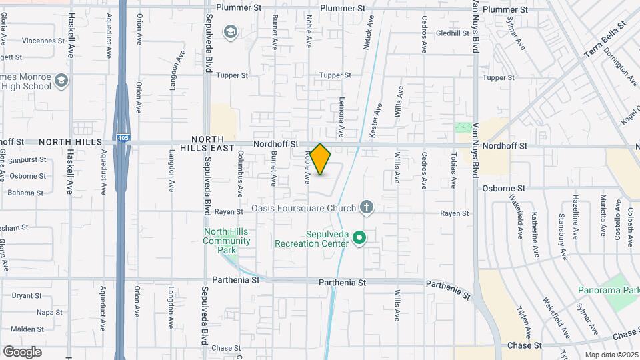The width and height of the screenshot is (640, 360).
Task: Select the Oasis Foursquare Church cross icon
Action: click(x=366, y=208)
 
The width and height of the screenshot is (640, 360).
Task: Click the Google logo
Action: click(x=22, y=351)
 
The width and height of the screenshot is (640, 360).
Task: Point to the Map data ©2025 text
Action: click(x=611, y=355)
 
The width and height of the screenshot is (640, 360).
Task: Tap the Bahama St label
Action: click(x=25, y=193)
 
